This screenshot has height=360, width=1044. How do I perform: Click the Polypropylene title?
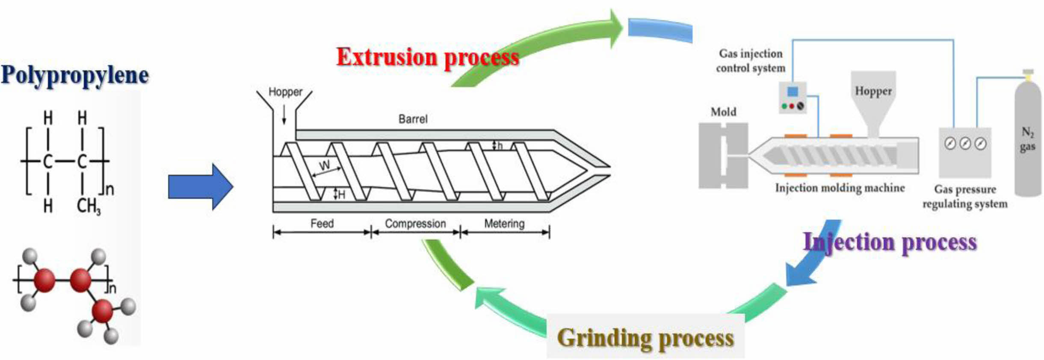pyautogui.click(x=75, y=75)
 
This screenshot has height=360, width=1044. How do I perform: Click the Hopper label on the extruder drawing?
pyautogui.click(x=285, y=92)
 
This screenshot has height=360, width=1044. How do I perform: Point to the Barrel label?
pyautogui.click(x=413, y=119)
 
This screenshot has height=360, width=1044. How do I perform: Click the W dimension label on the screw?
pyautogui.click(x=325, y=165)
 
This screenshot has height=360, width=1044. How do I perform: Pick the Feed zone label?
pyautogui.click(x=322, y=223)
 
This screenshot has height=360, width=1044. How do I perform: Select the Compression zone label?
pyautogui.click(x=415, y=223)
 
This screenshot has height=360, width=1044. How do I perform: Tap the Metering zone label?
pyautogui.click(x=504, y=223)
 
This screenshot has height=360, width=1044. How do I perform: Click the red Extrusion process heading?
pyautogui.click(x=427, y=57)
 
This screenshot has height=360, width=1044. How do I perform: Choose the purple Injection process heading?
pyautogui.click(x=890, y=242)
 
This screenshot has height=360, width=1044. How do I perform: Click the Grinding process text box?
pyautogui.click(x=645, y=337)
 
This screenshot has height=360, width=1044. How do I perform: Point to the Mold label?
pyautogui.click(x=723, y=112)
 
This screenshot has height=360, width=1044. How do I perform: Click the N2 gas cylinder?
pyautogui.click(x=1027, y=141)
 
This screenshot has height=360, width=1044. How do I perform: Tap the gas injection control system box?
pyautogui.click(x=793, y=98)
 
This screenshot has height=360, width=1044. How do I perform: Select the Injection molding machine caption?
pyautogui.click(x=840, y=188)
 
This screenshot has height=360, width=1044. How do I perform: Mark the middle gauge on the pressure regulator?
pyautogui.click(x=965, y=144)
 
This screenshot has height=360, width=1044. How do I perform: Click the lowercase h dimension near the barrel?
pyautogui.click(x=500, y=146)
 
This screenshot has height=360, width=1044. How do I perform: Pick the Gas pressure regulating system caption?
pyautogui.click(x=964, y=196)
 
